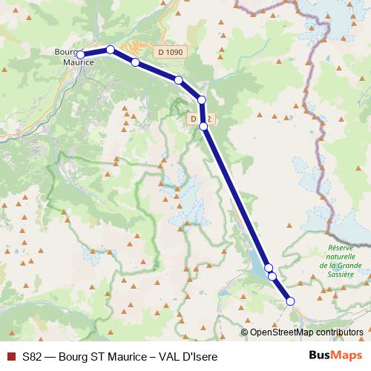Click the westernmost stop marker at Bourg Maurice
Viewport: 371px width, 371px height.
point(80,54)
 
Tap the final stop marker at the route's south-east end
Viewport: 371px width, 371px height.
point(290,301)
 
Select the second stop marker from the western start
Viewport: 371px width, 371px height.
point(110,50)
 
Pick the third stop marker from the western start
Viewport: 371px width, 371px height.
point(135,62)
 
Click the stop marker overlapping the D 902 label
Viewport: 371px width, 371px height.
point(203,126)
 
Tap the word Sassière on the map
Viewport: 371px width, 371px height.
point(341,274)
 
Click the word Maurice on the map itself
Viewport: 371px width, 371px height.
point(77,64)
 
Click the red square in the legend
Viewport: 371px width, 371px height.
point(10,356)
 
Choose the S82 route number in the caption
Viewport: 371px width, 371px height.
point(32,356)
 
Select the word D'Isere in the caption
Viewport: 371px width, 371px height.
point(198,356)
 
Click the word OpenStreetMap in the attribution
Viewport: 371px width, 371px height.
point(282,332)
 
